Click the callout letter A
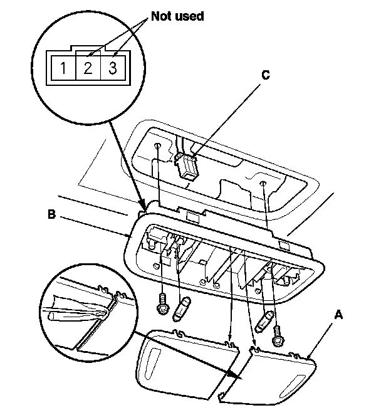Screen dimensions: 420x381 [338, 316]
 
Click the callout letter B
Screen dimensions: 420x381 [53, 214]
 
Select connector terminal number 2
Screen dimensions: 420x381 [88, 68]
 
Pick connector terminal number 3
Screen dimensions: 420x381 [113, 68]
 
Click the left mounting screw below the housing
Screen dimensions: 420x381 [162, 304]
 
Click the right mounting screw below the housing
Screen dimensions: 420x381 [276, 339]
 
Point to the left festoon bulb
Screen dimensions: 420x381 [184, 309]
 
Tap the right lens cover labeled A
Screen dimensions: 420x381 [282, 376]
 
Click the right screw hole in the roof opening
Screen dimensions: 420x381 [264, 184]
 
